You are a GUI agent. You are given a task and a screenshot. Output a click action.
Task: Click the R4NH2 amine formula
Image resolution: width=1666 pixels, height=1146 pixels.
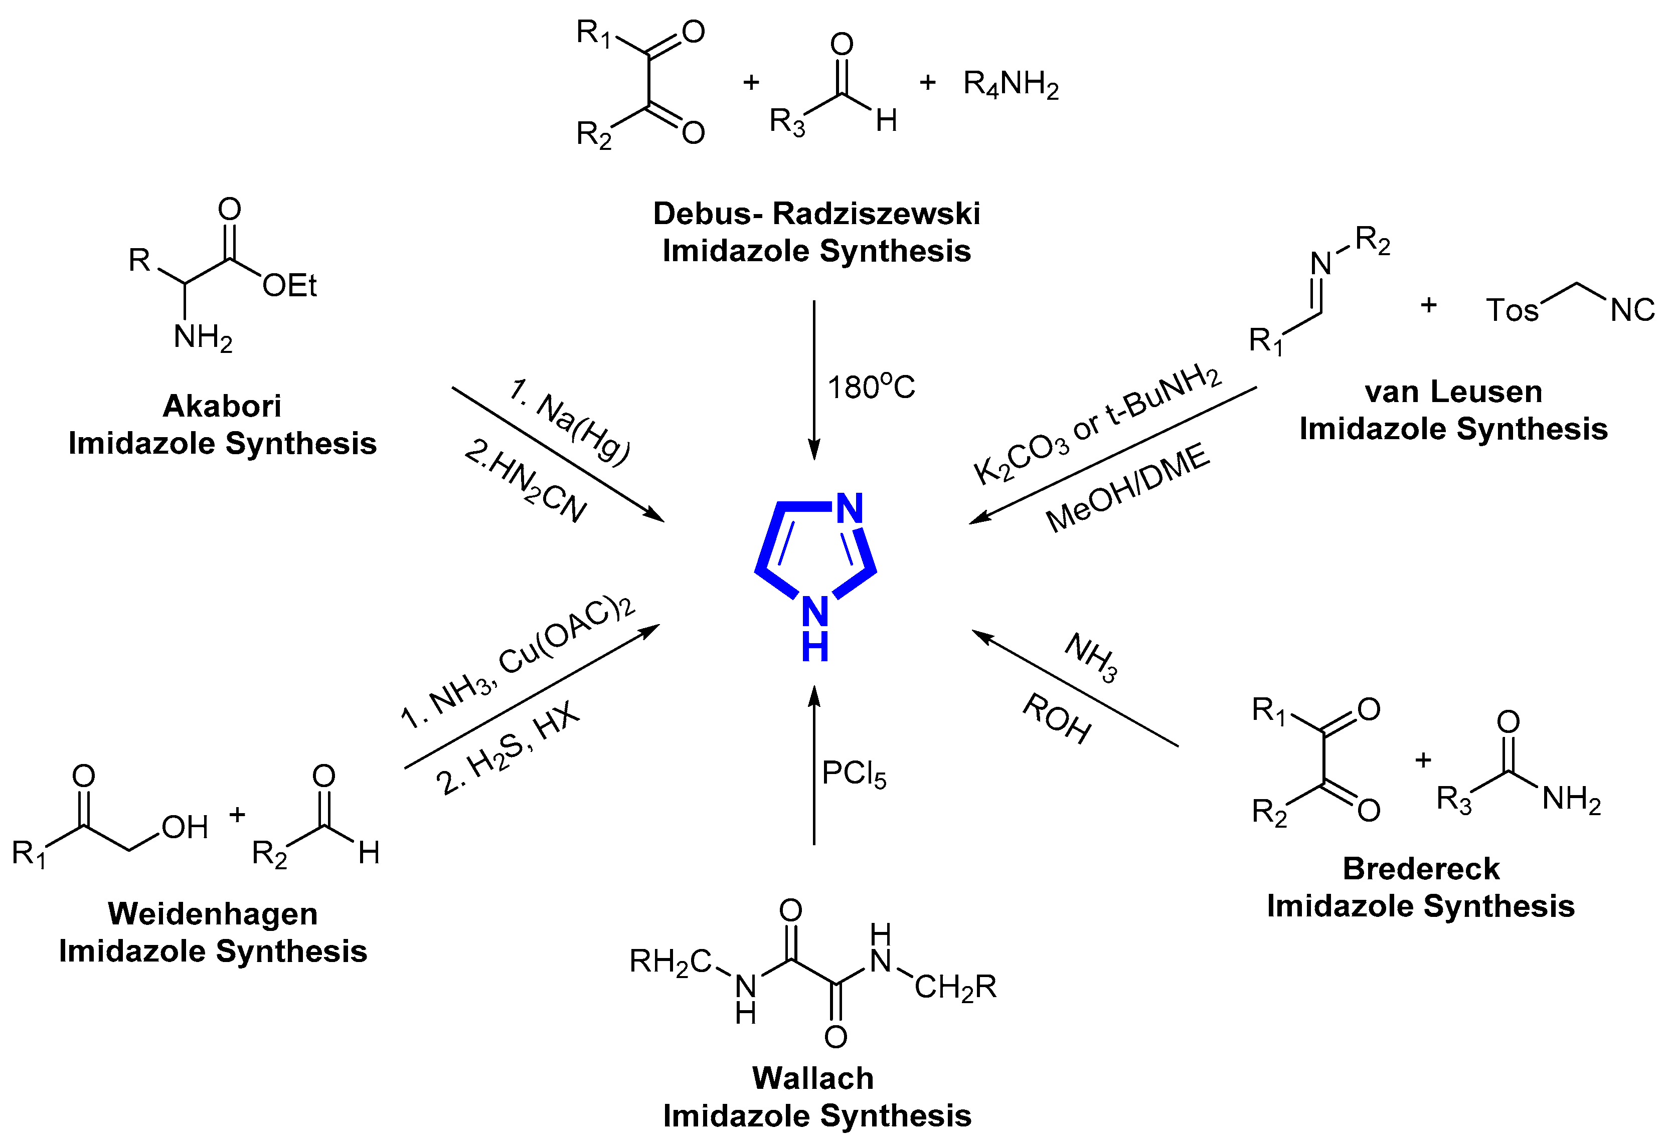tap(1011, 85)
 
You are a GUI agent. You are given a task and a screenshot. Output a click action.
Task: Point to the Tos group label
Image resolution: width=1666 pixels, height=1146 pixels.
tap(1512, 310)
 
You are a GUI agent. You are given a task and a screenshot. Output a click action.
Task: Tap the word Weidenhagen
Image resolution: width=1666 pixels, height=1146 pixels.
tap(213, 914)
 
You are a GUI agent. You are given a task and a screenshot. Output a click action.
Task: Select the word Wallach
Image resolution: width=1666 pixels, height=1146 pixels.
tap(813, 1078)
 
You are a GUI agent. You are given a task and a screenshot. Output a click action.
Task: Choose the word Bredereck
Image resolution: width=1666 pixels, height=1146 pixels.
tap(1421, 869)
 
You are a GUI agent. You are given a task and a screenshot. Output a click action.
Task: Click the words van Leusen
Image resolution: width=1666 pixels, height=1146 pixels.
tap(1453, 392)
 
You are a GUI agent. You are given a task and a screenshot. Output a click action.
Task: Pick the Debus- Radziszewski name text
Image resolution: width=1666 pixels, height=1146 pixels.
tap(816, 214)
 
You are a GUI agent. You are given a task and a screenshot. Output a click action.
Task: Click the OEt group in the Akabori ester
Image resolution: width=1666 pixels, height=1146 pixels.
tap(289, 286)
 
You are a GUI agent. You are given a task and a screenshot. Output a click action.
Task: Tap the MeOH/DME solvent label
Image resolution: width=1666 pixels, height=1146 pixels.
tap(1127, 488)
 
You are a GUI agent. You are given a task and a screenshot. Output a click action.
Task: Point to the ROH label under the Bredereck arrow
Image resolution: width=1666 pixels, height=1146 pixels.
tap(1056, 718)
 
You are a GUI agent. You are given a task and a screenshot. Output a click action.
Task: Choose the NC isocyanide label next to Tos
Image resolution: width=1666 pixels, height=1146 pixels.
tap(1632, 310)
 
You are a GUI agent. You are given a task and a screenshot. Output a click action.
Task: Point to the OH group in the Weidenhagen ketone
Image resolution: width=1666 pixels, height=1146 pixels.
tap(185, 828)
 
